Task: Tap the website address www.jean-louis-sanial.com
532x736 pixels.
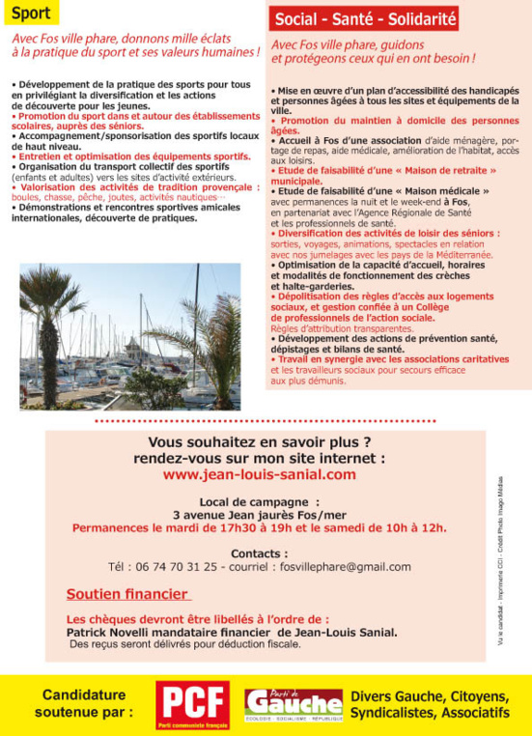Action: click(x=259, y=475)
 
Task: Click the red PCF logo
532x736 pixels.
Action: click(x=193, y=705)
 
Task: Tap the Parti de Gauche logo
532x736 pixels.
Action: click(x=293, y=705)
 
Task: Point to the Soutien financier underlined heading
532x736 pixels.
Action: click(x=127, y=594)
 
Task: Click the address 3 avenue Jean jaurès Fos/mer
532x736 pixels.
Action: click(x=259, y=515)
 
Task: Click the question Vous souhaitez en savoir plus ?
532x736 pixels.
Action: click(x=259, y=442)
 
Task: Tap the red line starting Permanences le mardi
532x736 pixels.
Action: click(x=259, y=527)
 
